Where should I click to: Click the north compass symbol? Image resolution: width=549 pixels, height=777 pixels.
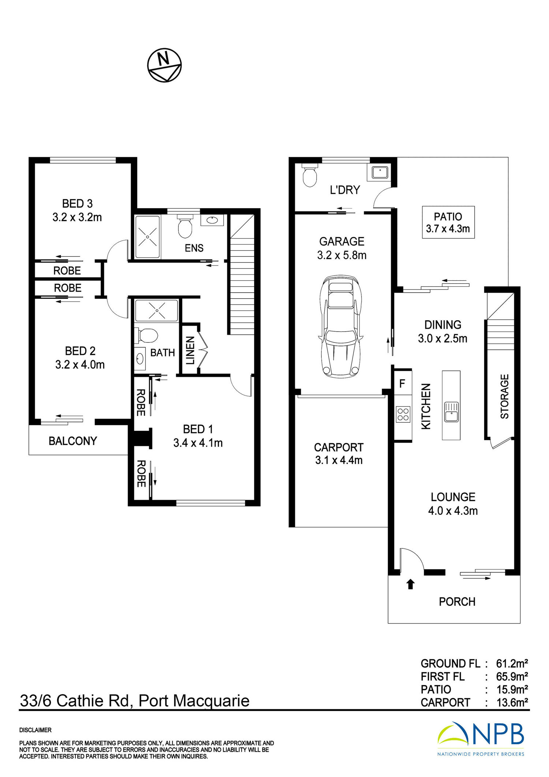click(x=164, y=65)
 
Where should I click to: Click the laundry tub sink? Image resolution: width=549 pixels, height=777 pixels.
click(x=380, y=172)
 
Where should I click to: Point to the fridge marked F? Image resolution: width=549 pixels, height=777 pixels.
click(x=403, y=383)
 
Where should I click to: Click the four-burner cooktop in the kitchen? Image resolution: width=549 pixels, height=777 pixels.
click(x=403, y=414)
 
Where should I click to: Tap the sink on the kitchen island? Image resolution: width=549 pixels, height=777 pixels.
click(x=451, y=412)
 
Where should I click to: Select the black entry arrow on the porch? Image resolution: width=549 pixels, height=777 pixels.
click(x=410, y=584)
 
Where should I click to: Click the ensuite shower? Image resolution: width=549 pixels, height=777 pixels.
click(x=147, y=237)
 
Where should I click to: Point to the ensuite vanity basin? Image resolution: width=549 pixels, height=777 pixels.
click(x=212, y=220)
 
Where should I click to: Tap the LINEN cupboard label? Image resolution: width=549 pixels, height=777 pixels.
click(x=190, y=351)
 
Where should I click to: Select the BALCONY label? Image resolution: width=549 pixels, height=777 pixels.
click(x=73, y=441)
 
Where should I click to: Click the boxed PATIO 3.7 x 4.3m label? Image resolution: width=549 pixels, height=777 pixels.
click(x=448, y=222)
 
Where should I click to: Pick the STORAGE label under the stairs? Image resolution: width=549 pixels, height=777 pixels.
click(x=504, y=396)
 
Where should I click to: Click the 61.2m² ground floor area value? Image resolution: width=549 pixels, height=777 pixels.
click(x=512, y=663)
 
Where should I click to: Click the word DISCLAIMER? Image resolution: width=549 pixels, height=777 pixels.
click(x=36, y=730)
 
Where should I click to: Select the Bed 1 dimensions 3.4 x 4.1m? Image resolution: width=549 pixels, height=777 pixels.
click(x=198, y=443)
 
